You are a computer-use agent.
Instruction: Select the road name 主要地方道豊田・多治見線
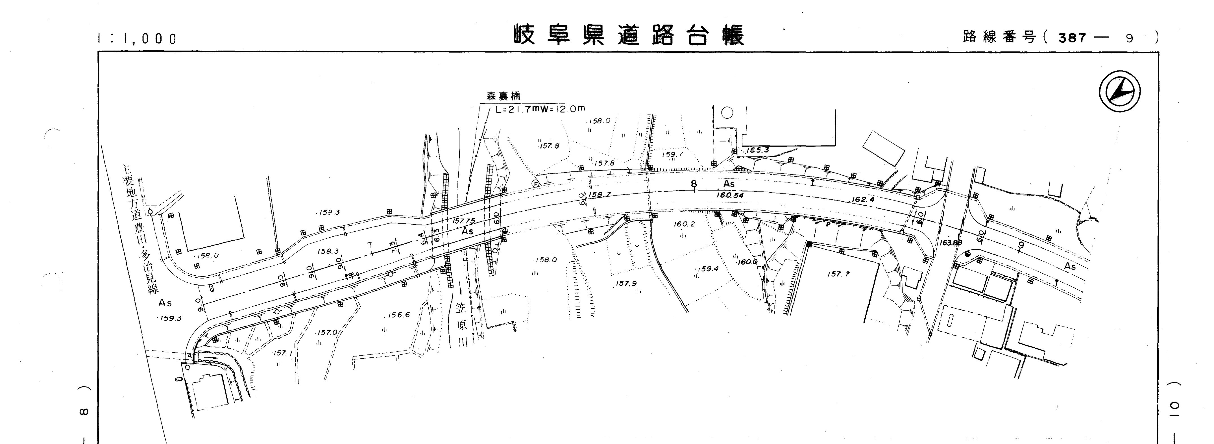click(x=140, y=228)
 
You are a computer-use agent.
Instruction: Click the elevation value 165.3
click(x=757, y=150)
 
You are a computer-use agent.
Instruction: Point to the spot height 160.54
click(x=729, y=195)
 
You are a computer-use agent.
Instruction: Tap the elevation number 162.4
click(x=863, y=199)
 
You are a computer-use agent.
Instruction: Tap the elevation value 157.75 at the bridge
click(x=463, y=221)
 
